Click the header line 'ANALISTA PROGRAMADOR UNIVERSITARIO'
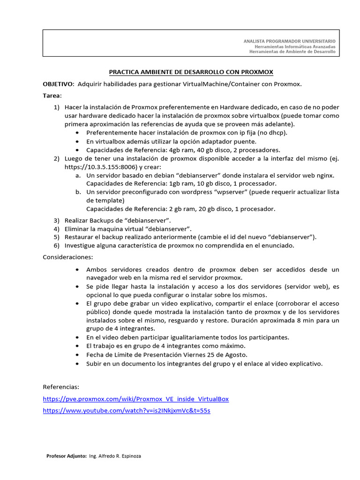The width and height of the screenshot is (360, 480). (x=289, y=41)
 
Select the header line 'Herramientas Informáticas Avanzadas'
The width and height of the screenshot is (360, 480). (x=295, y=47)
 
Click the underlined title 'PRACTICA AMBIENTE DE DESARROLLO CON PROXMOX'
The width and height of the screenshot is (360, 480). (x=191, y=72)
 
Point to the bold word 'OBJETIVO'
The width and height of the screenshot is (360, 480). (x=58, y=84)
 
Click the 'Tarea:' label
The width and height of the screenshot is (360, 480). (x=52, y=96)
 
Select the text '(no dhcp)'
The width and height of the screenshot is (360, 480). (x=271, y=133)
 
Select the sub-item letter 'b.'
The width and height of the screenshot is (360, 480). (x=78, y=192)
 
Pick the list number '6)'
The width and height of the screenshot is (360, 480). (x=56, y=245)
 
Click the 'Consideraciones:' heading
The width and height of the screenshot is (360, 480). (x=68, y=257)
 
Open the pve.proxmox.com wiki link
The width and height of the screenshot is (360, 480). (x=136, y=399)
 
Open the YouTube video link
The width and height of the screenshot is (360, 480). (x=127, y=411)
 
